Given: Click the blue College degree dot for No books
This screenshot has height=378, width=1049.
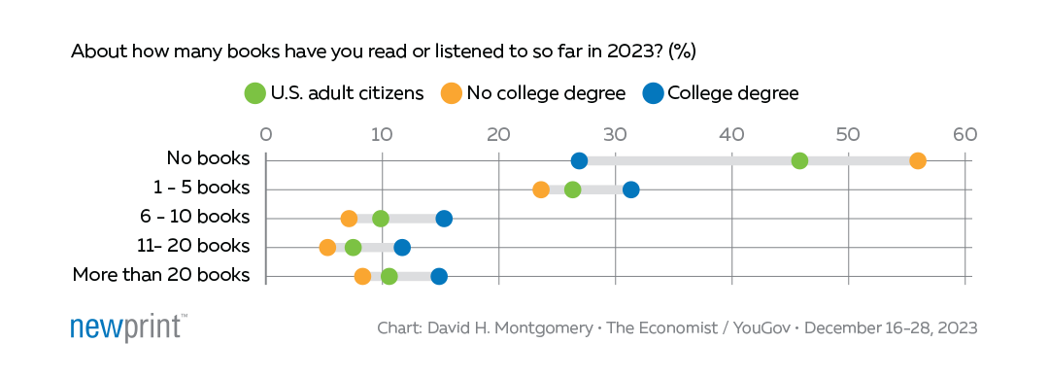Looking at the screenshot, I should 580,160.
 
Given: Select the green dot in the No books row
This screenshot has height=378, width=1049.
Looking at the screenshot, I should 799,160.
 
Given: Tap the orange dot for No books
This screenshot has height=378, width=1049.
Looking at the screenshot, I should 917,160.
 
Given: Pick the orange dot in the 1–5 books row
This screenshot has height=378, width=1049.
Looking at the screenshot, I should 541,189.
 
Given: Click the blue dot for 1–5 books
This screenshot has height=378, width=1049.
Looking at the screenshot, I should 631,189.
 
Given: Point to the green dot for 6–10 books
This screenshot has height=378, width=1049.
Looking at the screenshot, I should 380,219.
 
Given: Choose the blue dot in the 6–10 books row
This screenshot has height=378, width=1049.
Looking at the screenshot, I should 444,219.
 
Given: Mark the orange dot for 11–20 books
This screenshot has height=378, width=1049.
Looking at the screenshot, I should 327,248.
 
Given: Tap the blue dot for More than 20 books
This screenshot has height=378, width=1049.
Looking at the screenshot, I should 439,277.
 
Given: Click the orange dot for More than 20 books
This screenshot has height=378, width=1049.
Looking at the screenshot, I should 362,277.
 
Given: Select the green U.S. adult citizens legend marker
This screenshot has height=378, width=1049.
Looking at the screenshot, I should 255,93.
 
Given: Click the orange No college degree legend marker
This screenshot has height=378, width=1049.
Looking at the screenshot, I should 452,93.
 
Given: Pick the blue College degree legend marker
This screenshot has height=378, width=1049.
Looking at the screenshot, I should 653,93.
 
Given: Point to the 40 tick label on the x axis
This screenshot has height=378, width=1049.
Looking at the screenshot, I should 731,134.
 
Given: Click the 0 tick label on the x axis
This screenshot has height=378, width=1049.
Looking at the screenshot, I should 266,134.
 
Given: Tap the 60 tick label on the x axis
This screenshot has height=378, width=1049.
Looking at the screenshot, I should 964,134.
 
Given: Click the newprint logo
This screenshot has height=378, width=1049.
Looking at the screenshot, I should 128,327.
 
